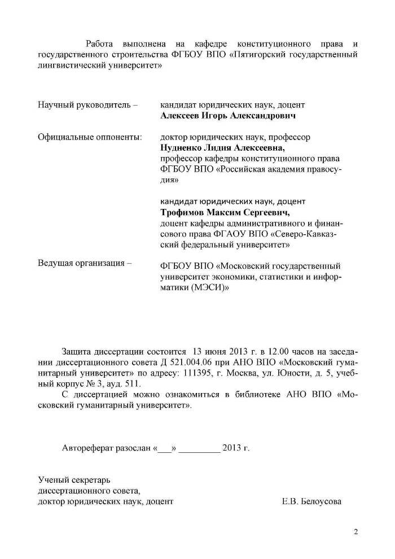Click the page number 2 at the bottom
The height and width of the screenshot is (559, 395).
pyautogui.click(x=355, y=532)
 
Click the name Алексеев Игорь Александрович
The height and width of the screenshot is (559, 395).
pyautogui.click(x=228, y=116)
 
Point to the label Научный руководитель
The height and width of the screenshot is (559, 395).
pyautogui.click(x=85, y=105)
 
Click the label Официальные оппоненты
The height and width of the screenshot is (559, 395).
pyautogui.click(x=90, y=137)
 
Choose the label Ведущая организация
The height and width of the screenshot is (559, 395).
pyautogui.click(x=85, y=264)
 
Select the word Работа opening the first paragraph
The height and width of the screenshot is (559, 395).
pyautogui.click(x=99, y=43)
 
